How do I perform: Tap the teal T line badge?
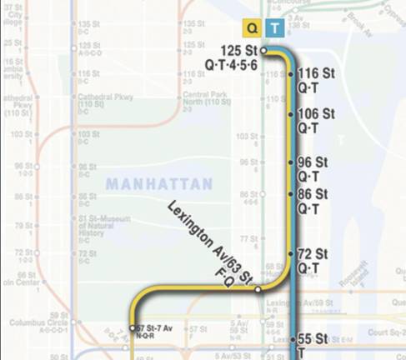[x=274, y=28]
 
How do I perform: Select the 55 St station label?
[x=313, y=339]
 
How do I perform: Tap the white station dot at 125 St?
[x=263, y=51]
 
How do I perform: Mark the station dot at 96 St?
[x=290, y=162]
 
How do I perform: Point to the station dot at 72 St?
[x=290, y=253]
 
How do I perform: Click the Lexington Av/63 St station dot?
[x=258, y=289]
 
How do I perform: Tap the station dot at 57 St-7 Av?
[x=133, y=327]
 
